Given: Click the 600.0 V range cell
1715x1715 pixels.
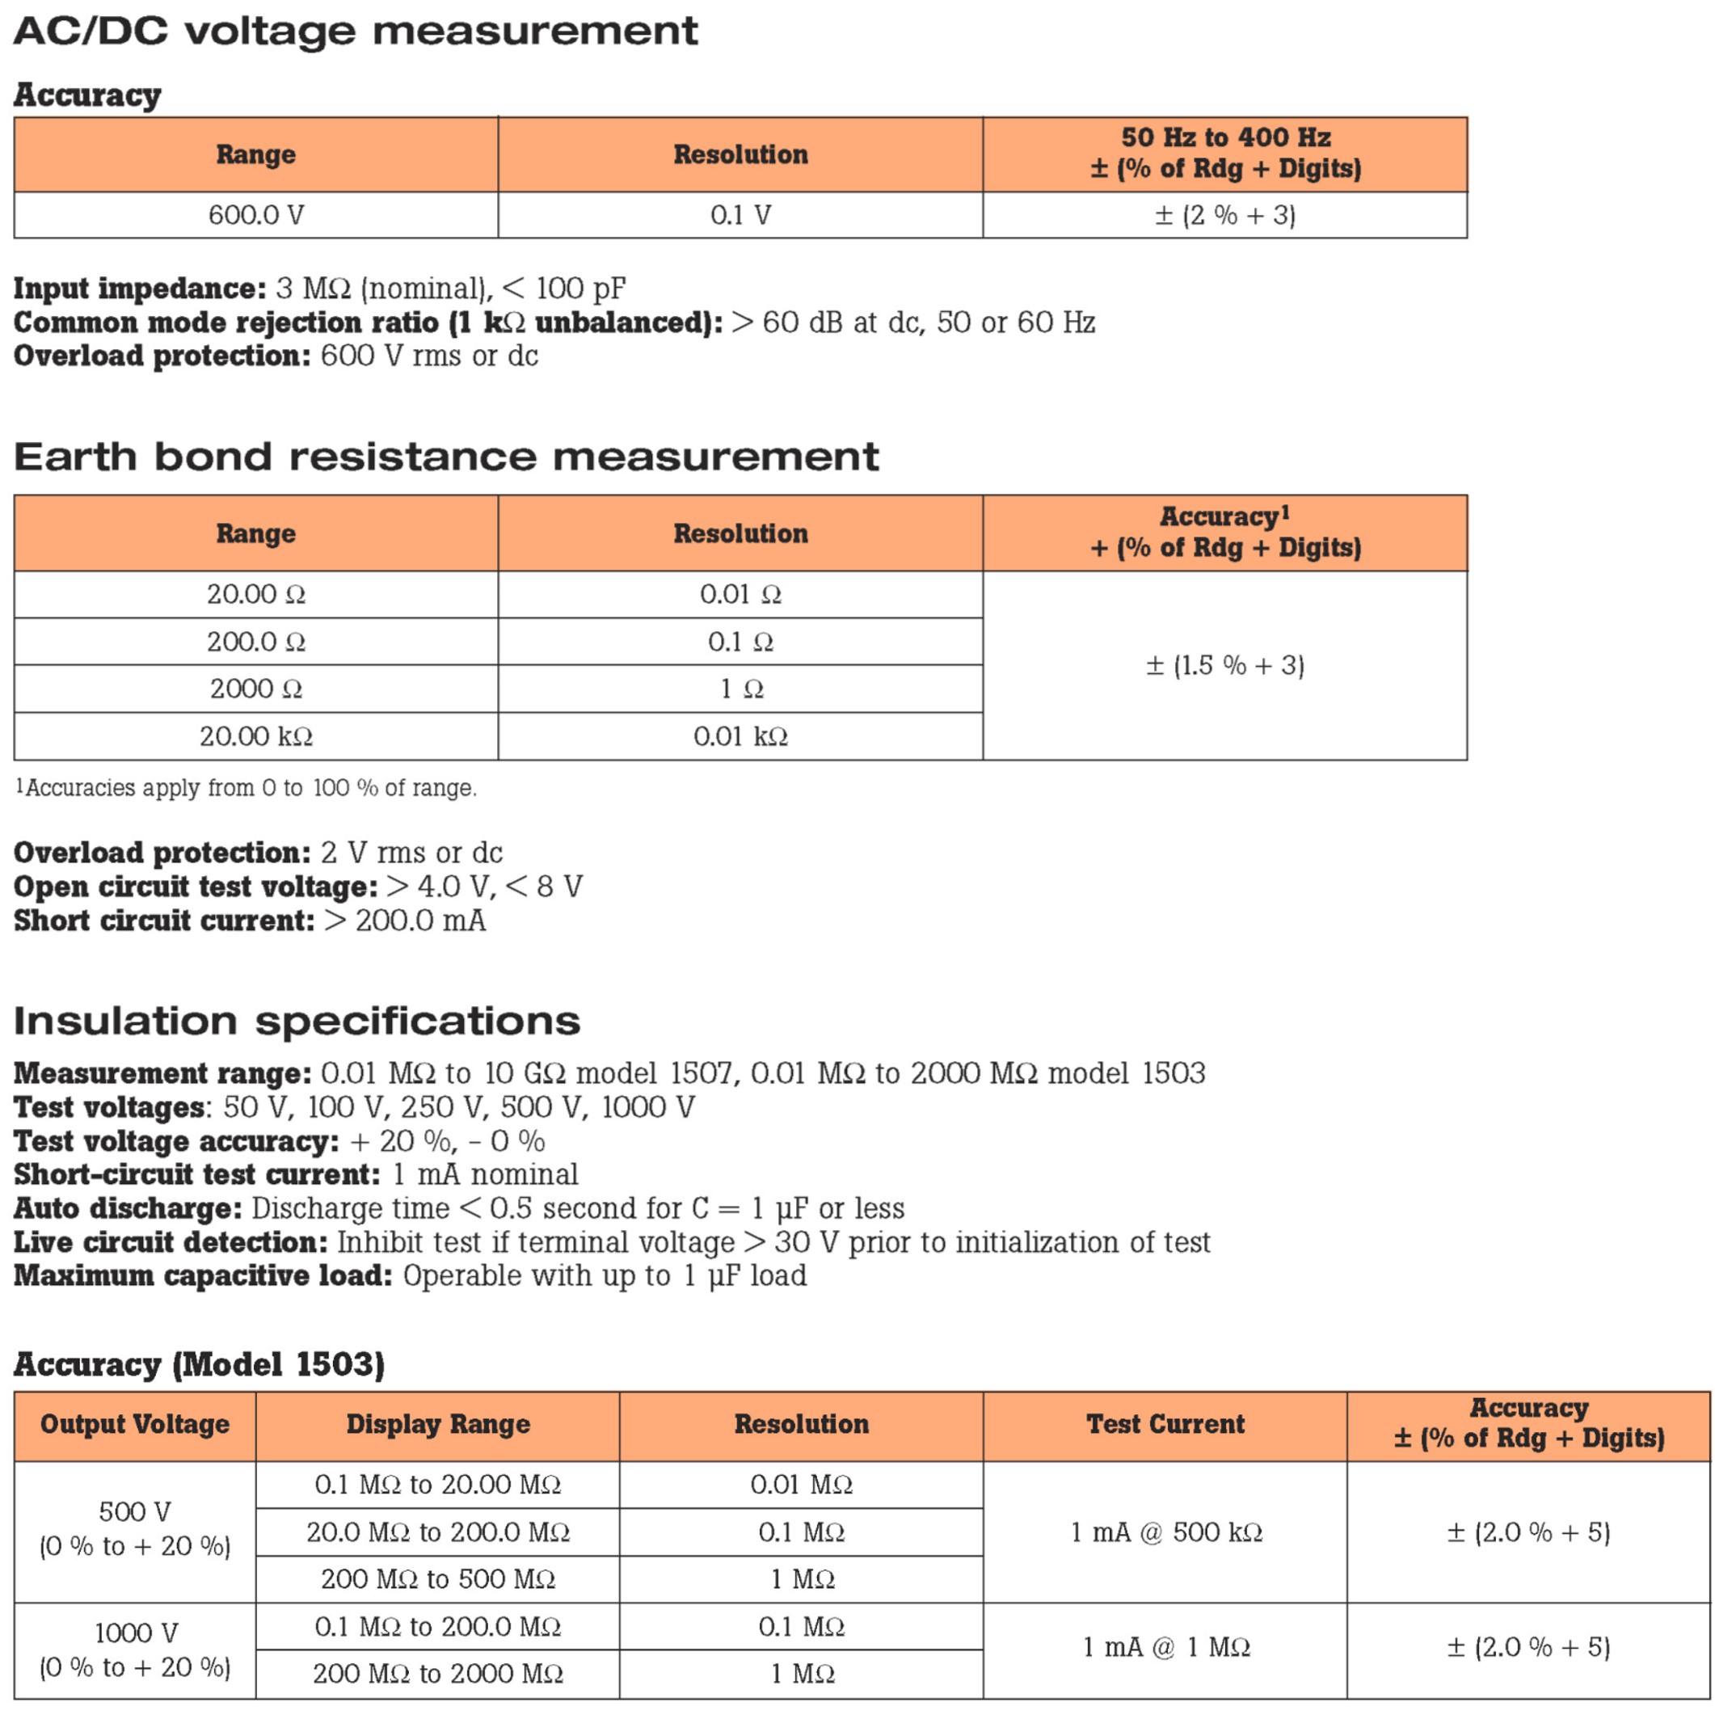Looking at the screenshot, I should tap(255, 216).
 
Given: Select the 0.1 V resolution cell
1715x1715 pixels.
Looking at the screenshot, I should tap(740, 216).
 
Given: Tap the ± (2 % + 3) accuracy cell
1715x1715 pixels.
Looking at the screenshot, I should tap(1224, 216).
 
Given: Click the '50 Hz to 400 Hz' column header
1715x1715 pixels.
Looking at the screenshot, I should tap(1225, 154).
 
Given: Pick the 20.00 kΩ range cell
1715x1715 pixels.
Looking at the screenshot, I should tap(255, 737).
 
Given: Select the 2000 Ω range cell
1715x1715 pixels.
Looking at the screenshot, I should tap(255, 689).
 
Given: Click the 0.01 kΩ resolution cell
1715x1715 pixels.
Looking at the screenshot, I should tap(740, 737).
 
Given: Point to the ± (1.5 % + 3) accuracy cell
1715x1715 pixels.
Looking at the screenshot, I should tap(1224, 666).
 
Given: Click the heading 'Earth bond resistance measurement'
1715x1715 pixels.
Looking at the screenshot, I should tap(445, 457).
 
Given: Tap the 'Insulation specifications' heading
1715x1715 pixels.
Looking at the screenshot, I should tap(297, 1021).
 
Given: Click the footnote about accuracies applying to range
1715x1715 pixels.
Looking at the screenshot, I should tap(246, 788).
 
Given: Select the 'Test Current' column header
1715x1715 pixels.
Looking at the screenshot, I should tap(1165, 1424).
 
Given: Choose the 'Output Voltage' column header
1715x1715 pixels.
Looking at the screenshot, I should tap(135, 1424).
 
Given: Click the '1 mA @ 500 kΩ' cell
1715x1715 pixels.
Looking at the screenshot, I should tap(1165, 1532).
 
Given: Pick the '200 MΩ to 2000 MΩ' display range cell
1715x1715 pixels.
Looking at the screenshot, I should tap(437, 1674).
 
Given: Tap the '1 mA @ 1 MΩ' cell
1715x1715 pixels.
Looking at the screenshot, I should tap(1165, 1648).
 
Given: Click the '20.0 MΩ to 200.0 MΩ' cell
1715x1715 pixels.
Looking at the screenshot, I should tap(437, 1532).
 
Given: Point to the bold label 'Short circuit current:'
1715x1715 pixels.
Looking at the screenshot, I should tap(164, 921).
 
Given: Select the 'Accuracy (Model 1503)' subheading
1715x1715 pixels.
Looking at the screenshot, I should tap(199, 1364).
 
